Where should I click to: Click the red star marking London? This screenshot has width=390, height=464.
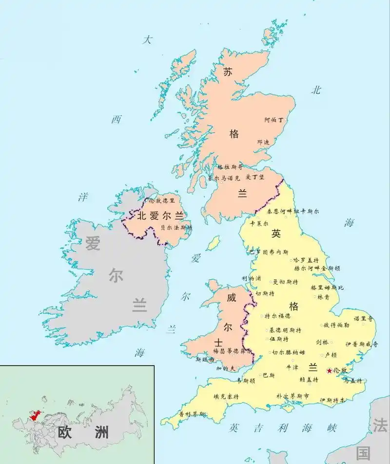pyautogui.click(x=329, y=371)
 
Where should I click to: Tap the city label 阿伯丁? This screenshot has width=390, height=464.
pyautogui.click(x=273, y=119)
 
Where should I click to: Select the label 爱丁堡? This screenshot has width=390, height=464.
pyautogui.click(x=254, y=177)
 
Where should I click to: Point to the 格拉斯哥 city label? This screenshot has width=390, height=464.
pyautogui.click(x=230, y=167)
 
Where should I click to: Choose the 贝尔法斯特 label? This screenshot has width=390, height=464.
pyautogui.click(x=176, y=227)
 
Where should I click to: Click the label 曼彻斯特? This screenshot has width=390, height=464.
pyautogui.click(x=285, y=282)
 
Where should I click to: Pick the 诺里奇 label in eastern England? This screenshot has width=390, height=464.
pyautogui.click(x=363, y=319)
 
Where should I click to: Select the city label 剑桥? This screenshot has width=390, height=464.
pyautogui.click(x=322, y=342)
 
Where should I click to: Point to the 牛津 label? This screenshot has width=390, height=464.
pyautogui.click(x=292, y=367)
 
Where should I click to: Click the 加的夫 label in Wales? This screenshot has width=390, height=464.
pyautogui.click(x=225, y=368)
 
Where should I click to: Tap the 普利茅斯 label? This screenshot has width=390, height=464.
pyautogui.click(x=192, y=414)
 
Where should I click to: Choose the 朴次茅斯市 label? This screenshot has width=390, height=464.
pyautogui.click(x=292, y=396)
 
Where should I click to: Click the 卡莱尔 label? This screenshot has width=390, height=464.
pyautogui.click(x=258, y=224)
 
